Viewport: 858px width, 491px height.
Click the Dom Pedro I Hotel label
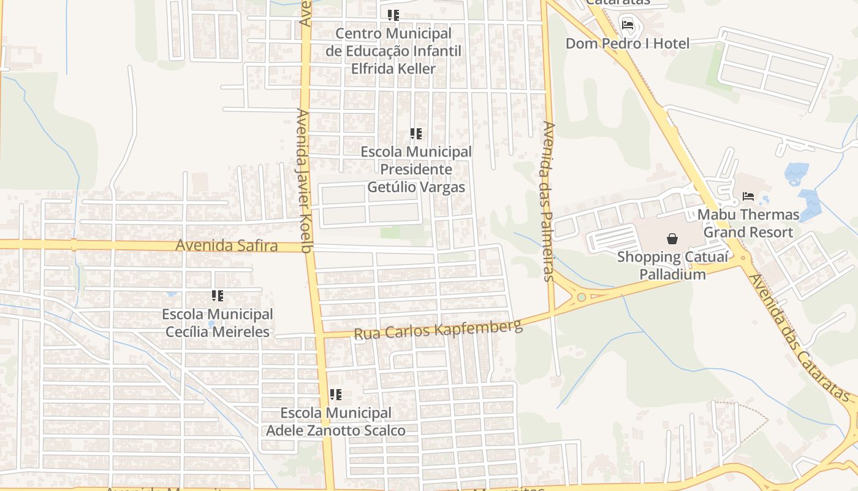pos(627,44)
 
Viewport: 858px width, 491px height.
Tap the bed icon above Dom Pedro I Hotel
pos(628,25)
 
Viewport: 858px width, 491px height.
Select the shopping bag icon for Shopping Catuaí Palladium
pos(672,239)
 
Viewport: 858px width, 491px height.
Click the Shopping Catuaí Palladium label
pos(672,266)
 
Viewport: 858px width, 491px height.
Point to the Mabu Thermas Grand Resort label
pos(748,223)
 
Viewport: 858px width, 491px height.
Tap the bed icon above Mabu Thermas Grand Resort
pos(748,196)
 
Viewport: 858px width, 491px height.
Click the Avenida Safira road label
pos(226,245)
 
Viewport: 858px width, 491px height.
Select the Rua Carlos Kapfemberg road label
pos(438,330)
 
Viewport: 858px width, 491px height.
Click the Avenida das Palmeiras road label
pos(549,201)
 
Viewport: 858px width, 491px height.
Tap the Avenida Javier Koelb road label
pos(305,181)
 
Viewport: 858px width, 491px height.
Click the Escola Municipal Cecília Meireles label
pos(217,323)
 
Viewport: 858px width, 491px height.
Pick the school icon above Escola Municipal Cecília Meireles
pos(217,296)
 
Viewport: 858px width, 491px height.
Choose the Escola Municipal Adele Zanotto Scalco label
pos(335,422)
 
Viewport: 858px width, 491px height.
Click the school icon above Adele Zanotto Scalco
pos(335,395)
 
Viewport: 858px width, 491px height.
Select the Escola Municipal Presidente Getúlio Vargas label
pos(416,169)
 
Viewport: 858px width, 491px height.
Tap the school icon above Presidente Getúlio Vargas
pos(416,133)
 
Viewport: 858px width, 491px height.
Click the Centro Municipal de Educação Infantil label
pos(393,51)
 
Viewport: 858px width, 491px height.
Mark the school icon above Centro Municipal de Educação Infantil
pos(393,15)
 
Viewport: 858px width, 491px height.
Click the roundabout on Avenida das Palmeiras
pos(580,298)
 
